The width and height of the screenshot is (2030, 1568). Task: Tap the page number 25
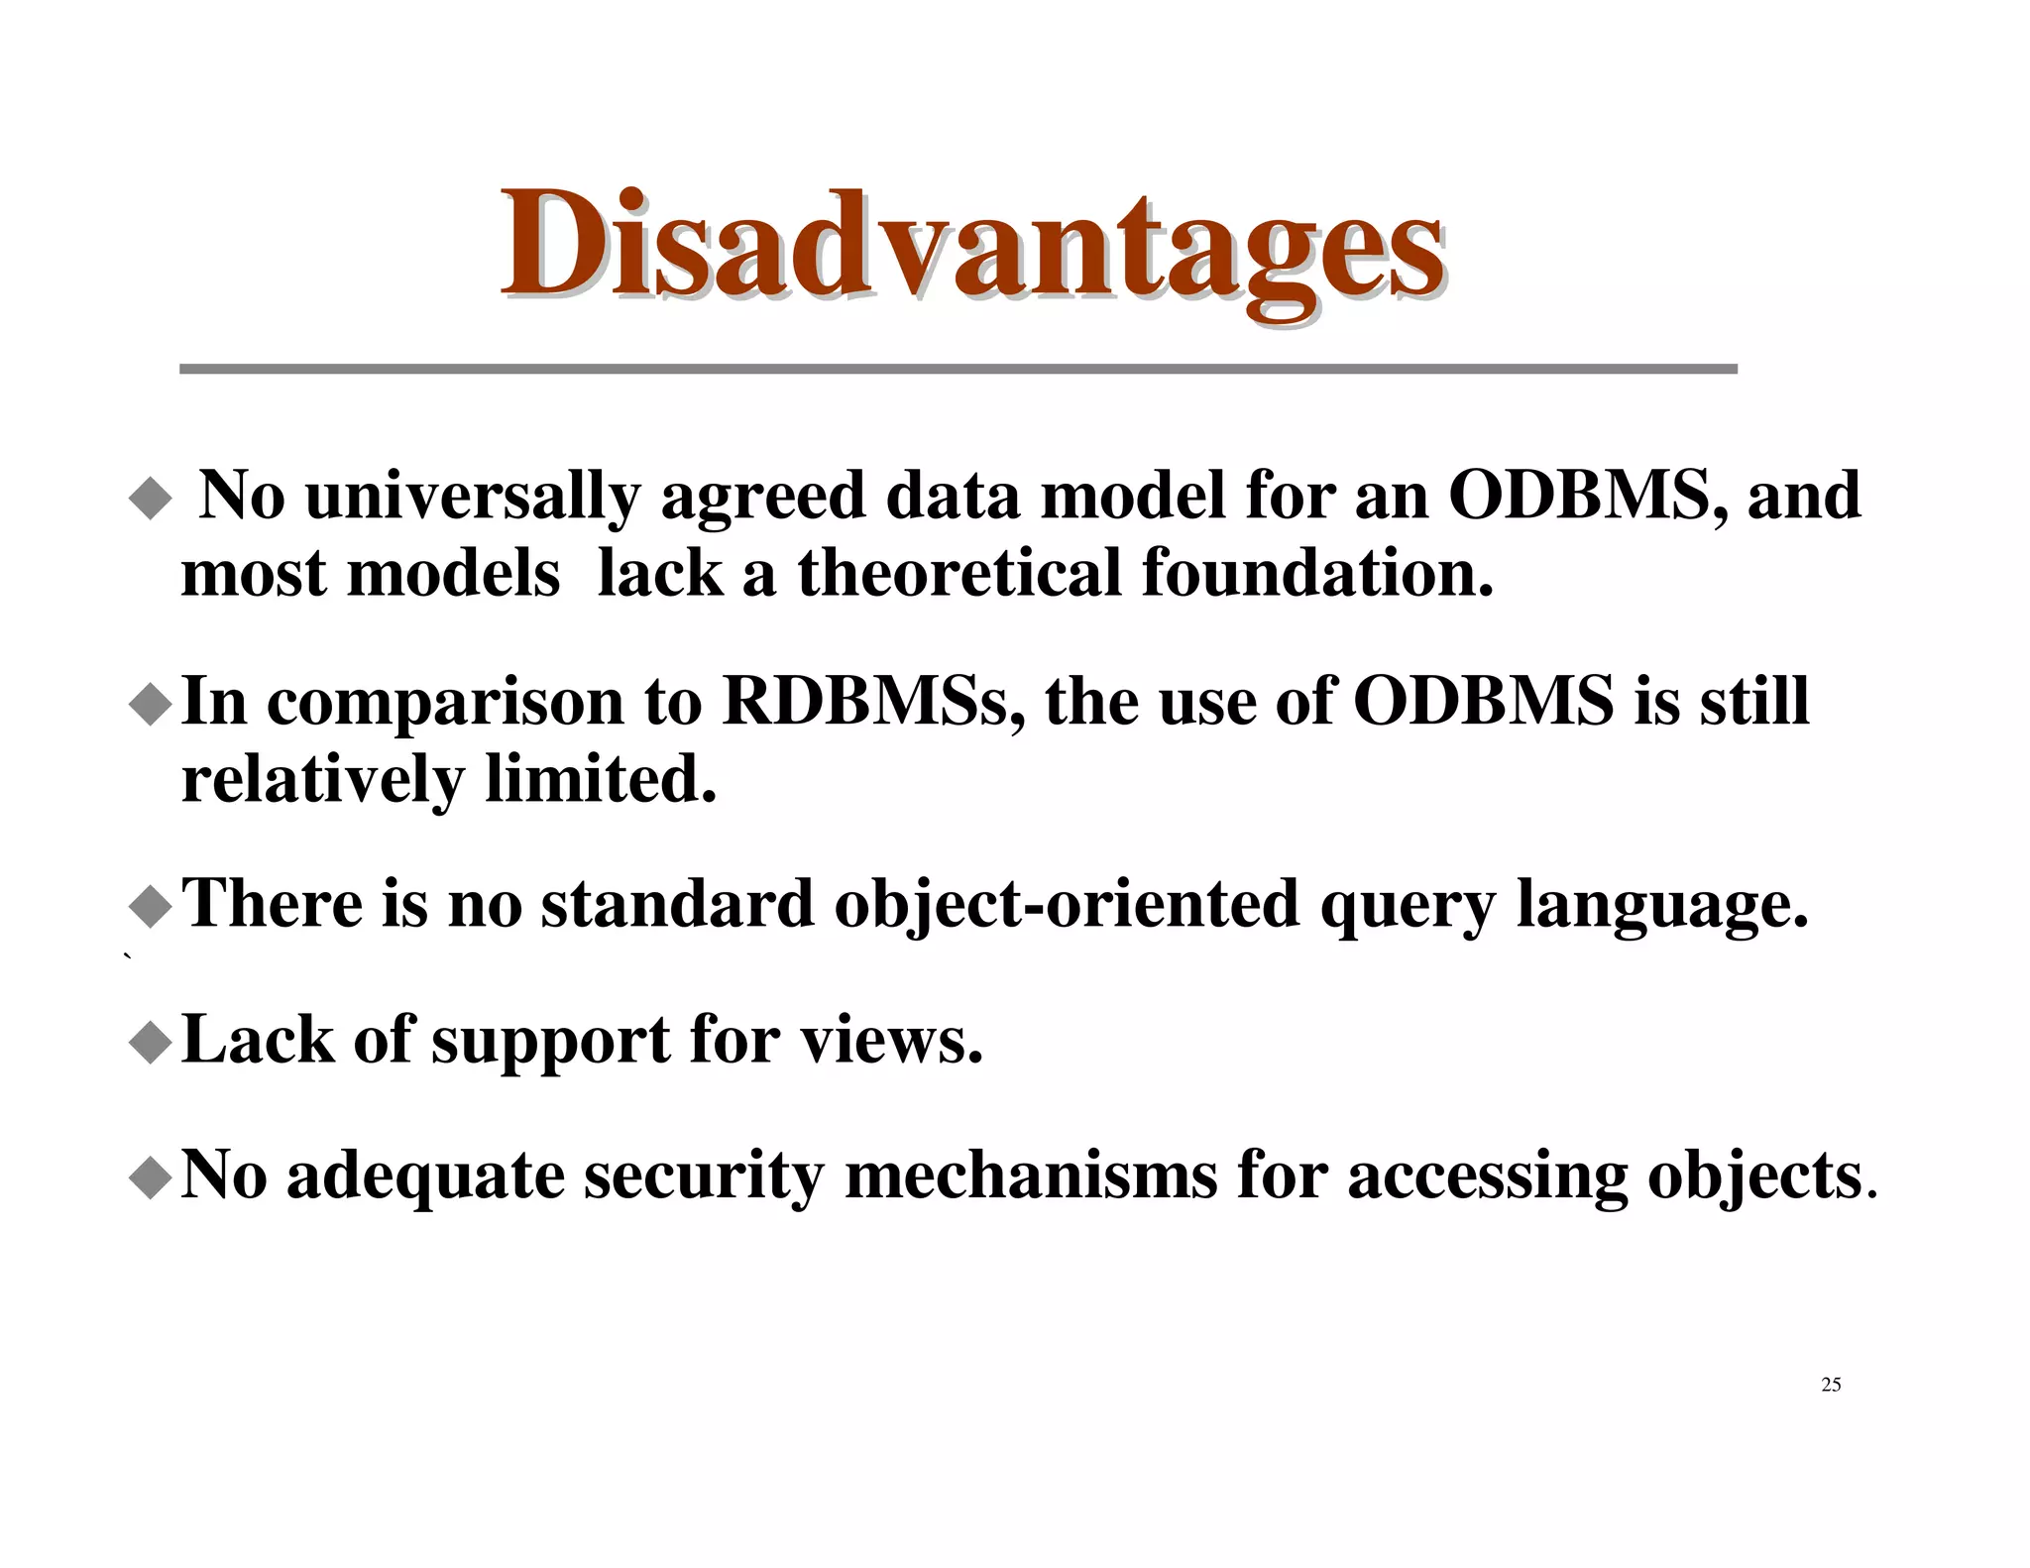(1831, 1385)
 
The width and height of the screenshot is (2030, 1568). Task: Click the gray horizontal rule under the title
(958, 369)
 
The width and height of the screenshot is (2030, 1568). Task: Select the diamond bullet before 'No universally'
(151, 498)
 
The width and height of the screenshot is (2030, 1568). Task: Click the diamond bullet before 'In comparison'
(151, 705)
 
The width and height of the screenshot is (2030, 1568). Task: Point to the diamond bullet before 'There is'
(151, 907)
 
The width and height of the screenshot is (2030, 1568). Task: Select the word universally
(473, 496)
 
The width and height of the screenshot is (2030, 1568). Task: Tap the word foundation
(1316, 573)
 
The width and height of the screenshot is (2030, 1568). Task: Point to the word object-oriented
(1066, 904)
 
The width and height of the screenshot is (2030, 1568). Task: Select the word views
(891, 1041)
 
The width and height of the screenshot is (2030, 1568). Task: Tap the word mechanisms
(1031, 1176)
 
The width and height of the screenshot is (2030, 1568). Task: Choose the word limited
(600, 779)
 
